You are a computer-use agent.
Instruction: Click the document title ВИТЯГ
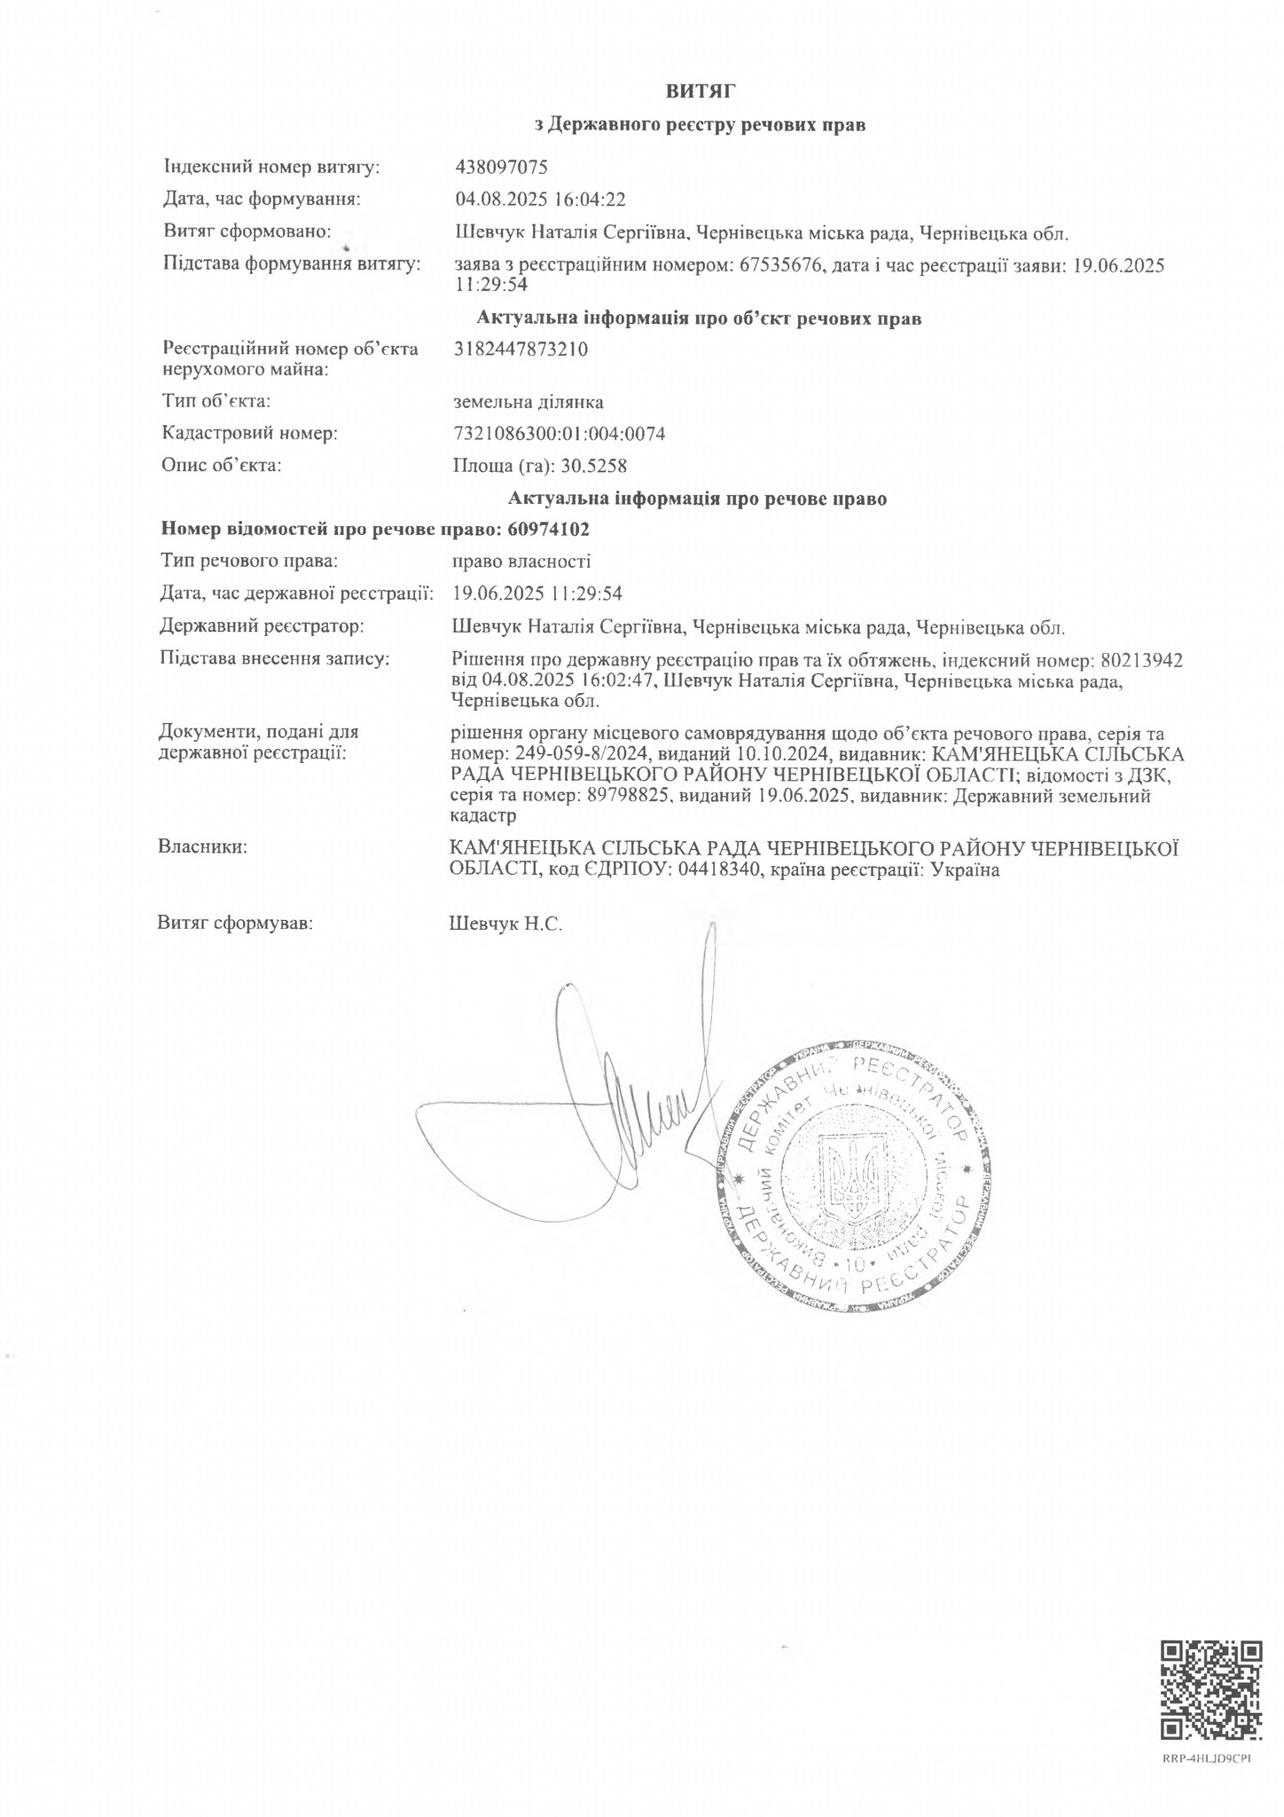701,90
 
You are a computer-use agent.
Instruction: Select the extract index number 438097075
501,166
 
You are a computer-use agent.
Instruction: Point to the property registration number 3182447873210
520,349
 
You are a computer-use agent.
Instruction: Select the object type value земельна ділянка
528,402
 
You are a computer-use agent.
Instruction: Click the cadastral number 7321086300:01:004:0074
559,434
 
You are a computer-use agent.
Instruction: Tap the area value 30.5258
600,466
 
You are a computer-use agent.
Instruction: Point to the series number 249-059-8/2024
583,754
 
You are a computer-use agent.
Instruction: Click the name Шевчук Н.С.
506,924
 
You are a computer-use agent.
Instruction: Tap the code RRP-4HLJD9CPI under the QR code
1207,1758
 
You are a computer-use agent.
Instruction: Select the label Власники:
202,847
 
